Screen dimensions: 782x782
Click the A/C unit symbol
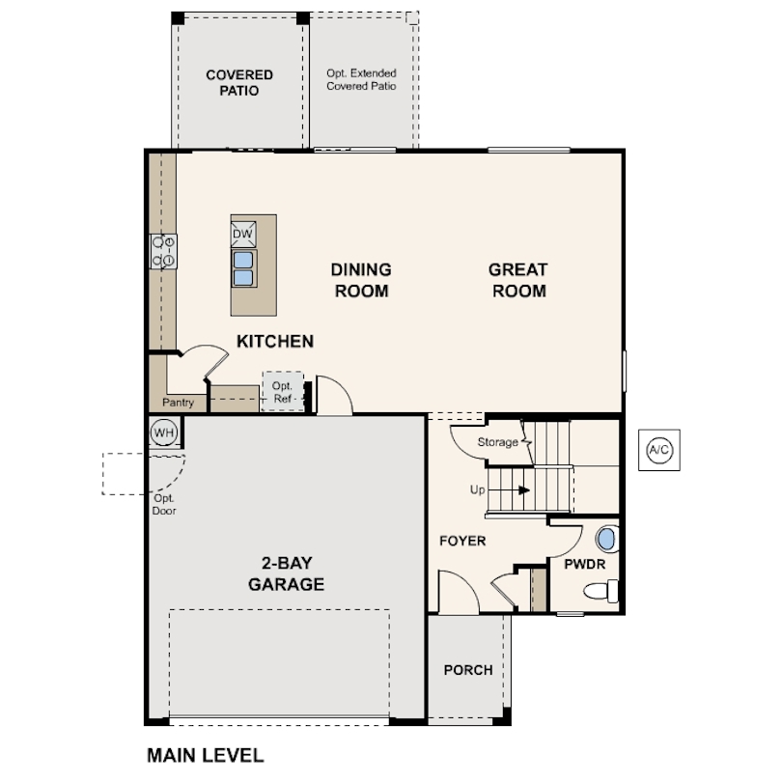coord(659,450)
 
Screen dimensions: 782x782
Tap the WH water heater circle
coord(163,433)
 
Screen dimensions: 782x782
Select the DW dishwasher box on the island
coord(243,235)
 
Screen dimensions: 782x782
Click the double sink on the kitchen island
coord(243,267)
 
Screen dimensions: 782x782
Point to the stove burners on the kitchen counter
coord(163,251)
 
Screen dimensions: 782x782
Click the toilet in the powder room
coord(602,590)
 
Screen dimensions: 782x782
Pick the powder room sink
coord(605,538)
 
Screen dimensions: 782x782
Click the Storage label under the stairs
coord(498,442)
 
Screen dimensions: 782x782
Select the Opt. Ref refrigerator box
coord(283,392)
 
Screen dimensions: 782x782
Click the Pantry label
coord(178,403)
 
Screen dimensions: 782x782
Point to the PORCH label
coord(468,670)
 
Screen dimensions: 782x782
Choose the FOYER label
coord(462,541)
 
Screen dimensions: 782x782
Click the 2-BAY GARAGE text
coord(286,574)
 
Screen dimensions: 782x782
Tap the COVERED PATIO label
coord(239,83)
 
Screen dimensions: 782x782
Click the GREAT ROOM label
coord(517,280)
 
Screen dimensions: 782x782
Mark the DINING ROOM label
coord(361,280)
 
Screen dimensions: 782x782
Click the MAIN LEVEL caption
coord(205,754)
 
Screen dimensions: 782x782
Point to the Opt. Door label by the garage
coord(164,505)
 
